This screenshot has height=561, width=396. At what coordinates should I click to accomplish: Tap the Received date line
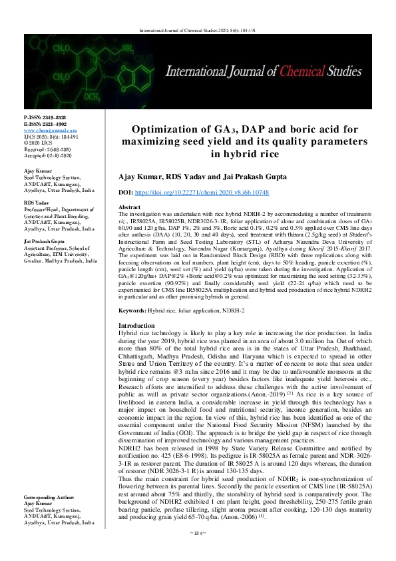[45, 148]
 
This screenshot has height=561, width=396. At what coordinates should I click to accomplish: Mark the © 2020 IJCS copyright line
[39, 141]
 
